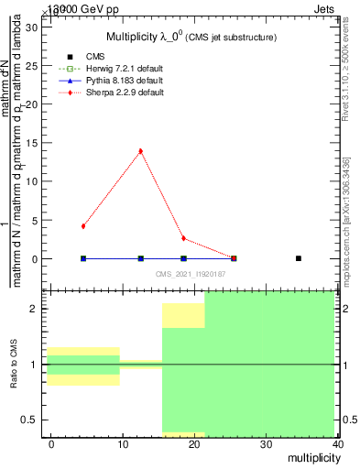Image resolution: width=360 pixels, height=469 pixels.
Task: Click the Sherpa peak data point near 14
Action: [140, 151]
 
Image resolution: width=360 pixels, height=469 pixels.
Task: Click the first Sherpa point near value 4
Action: [83, 225]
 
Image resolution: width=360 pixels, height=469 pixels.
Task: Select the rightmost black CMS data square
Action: [299, 258]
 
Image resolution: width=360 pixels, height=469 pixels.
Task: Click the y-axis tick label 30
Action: [30, 27]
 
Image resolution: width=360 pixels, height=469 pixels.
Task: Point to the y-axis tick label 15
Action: [30, 142]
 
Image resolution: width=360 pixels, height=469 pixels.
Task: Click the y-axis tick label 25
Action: [30, 65]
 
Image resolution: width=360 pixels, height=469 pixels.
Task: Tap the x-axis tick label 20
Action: [194, 443]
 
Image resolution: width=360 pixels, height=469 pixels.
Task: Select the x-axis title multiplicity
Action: [311, 456]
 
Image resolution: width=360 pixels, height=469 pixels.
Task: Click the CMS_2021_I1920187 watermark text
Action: [191, 274]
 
